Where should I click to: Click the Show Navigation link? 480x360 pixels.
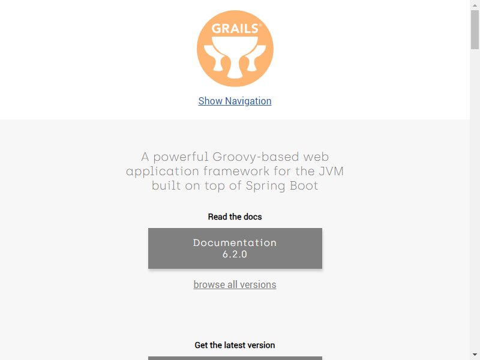(235, 101)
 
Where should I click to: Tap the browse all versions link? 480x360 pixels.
(235, 284)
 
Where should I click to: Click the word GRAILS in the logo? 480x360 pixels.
(235, 28)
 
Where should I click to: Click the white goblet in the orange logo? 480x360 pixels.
(235, 57)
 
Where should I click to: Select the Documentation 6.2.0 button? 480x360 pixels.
(235, 248)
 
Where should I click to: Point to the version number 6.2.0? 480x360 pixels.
(235, 254)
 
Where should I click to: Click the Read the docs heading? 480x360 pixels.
(235, 217)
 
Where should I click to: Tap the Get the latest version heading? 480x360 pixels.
(235, 345)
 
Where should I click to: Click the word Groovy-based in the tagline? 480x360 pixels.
(256, 157)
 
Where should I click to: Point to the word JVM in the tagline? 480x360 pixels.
(331, 171)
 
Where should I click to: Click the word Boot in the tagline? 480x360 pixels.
(304, 185)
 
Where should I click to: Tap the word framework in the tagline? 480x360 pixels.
(236, 171)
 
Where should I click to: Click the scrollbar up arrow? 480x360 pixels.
(475, 5)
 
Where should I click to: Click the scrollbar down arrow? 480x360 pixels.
(475, 355)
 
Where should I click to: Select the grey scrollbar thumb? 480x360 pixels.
(475, 29)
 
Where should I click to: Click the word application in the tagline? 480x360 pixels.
(163, 172)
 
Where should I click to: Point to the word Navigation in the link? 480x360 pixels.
(248, 101)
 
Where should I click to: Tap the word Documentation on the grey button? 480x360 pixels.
(235, 243)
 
